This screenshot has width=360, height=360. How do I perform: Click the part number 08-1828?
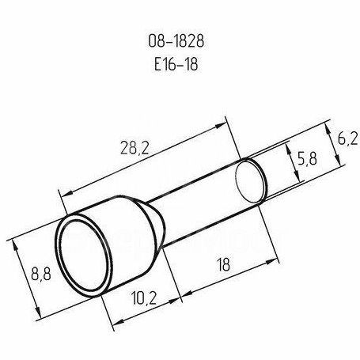tap(176, 41)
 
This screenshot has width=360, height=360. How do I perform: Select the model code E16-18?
tap(176, 64)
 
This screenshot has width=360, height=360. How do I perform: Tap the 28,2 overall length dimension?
tap(135, 148)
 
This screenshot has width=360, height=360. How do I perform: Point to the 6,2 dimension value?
tap(347, 138)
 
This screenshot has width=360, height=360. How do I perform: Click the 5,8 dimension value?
tap(307, 158)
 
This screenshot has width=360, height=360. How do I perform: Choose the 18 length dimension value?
tap(224, 264)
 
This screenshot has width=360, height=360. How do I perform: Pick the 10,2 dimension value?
tap(144, 298)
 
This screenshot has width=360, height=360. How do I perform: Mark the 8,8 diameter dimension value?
tap(41, 274)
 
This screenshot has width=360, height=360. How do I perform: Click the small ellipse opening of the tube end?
tap(249, 181)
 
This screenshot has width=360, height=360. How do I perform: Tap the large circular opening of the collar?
tap(82, 255)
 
